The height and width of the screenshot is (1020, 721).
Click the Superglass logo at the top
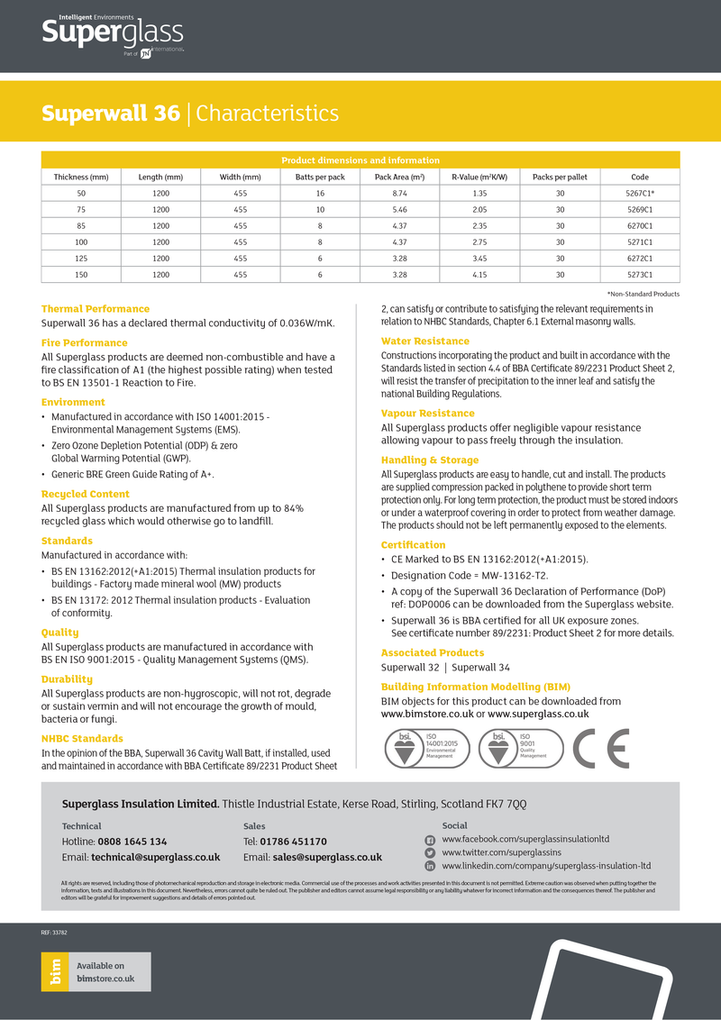112,35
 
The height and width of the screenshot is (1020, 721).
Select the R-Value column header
479,177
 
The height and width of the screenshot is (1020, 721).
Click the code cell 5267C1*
639,194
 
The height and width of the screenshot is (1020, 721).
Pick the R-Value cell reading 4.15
479,275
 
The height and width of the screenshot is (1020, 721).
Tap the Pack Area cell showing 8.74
399,194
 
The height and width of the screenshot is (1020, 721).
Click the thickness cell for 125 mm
81,259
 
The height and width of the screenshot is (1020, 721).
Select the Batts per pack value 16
320,194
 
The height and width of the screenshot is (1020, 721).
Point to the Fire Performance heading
84,342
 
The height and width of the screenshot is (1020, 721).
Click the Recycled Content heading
85,494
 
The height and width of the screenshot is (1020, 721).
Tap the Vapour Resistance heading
427,413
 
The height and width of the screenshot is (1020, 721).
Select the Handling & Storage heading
429,460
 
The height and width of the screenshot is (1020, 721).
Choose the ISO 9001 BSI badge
522,748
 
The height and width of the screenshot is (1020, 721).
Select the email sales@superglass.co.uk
327,857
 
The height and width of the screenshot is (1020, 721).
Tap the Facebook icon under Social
430,839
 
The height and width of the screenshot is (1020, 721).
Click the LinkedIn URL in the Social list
545,865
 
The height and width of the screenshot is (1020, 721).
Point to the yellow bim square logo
56,971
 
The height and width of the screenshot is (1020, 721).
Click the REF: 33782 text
54,933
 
